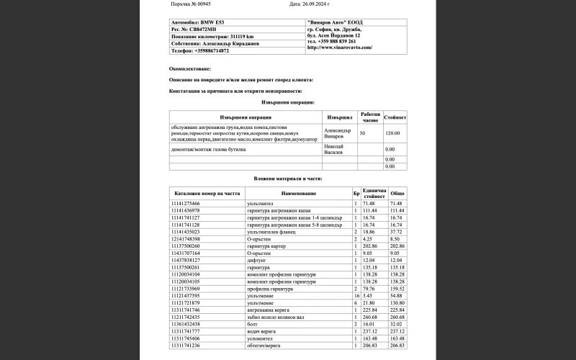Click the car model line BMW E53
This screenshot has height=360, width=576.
click(198, 22)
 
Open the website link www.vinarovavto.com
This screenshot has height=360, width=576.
click(340, 48)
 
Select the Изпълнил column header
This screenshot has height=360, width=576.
click(340, 117)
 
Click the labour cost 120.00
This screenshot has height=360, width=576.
click(392, 133)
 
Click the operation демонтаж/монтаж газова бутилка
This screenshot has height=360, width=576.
click(209, 148)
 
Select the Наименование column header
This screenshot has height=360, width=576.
click(298, 194)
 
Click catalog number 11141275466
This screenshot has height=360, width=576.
click(186, 204)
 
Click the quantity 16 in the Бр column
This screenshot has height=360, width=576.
click(356, 295)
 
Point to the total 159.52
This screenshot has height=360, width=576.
click(397, 288)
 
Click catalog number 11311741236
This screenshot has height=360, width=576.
click(186, 345)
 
